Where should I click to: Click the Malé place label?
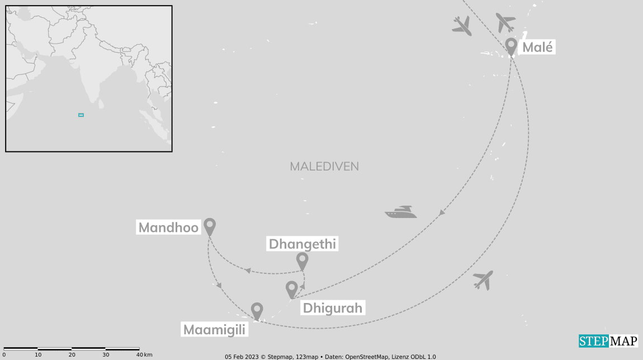537,47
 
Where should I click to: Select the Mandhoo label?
169,228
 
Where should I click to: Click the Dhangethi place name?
302,244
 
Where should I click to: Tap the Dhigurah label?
333,307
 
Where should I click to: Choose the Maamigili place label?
215,330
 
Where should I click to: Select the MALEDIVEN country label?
324,167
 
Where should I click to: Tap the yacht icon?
401,212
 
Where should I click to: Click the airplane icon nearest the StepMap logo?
483,280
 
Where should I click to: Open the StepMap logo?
608,341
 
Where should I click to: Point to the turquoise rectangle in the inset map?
81,115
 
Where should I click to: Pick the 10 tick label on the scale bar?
38,355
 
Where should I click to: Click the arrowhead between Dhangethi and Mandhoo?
248,271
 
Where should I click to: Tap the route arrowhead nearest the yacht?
442,213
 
